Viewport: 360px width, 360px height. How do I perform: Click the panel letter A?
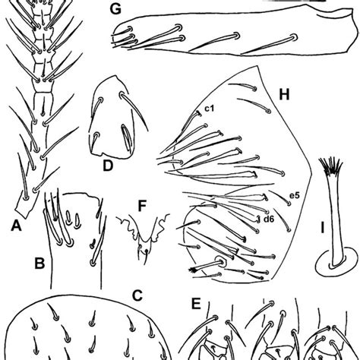coord(17,226)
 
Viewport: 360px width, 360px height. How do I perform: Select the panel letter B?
coord(39,264)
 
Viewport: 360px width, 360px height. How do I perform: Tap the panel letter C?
coord(137,295)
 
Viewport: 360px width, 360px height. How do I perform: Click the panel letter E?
coord(196,304)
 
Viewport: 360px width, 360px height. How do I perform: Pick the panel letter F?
coord(142,206)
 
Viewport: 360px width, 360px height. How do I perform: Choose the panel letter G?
coord(115,9)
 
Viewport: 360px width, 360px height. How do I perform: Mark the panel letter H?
coord(284,95)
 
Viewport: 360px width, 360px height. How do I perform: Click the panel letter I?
coord(322,228)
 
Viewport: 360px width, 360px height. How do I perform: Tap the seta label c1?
coord(210,109)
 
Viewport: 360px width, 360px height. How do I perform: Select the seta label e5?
coord(295,195)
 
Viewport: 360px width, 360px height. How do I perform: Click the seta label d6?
coord(269,219)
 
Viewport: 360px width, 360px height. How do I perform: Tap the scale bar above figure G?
coord(294,1)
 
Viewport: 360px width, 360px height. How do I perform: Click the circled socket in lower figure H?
coord(221,262)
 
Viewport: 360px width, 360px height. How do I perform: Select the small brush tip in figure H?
coord(193,270)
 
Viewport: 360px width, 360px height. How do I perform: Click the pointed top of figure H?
coord(257,66)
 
